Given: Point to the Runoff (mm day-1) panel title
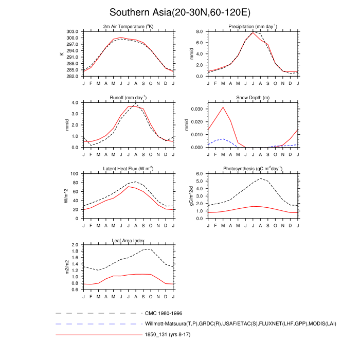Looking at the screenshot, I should pyautogui.click(x=128, y=98).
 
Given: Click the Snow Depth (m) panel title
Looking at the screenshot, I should pyautogui.click(x=253, y=98).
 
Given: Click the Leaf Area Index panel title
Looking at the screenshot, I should pyautogui.click(x=128, y=240).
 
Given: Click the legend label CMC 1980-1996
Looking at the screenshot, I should pyautogui.click(x=164, y=313).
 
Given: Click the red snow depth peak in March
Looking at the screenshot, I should pyautogui.click(x=223, y=107).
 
